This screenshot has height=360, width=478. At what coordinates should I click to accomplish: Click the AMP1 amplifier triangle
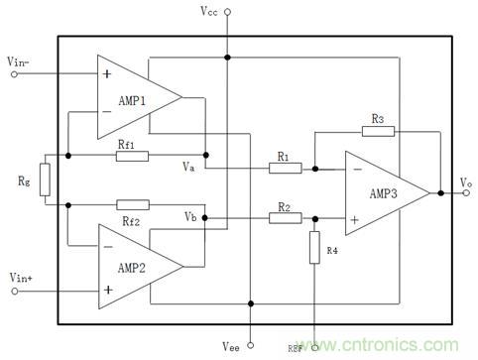click(134, 96)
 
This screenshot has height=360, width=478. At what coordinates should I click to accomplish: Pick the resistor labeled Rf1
click(132, 156)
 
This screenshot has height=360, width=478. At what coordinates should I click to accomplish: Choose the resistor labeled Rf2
click(132, 204)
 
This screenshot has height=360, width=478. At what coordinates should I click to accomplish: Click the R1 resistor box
click(284, 168)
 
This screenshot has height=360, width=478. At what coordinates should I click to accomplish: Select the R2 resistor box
click(284, 219)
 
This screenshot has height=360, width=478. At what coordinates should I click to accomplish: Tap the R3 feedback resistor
click(378, 131)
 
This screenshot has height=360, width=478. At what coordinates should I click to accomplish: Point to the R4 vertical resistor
click(314, 245)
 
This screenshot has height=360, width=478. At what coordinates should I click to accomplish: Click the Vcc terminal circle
click(228, 13)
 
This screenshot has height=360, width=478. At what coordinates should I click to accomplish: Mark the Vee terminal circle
click(251, 344)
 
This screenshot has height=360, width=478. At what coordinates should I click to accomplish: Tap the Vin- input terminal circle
click(15, 72)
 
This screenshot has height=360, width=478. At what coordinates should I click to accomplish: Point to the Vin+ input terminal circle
click(15, 290)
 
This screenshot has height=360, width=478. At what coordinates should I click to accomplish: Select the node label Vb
click(191, 216)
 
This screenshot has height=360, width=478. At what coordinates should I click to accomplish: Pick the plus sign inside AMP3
click(354, 217)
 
